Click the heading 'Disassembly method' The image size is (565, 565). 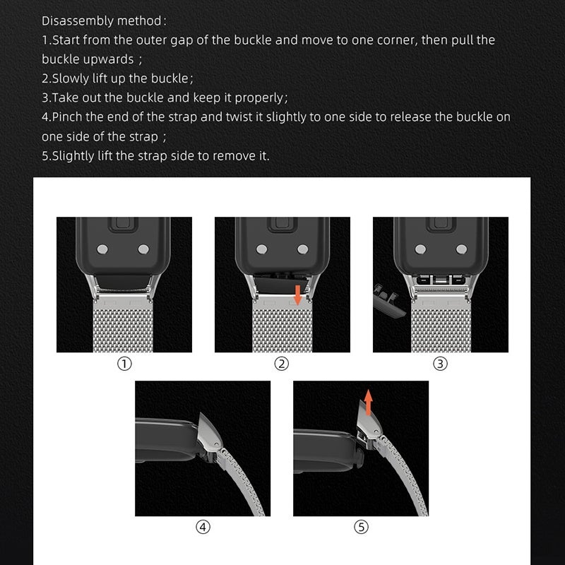tap(105, 21)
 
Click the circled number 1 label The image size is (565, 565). tap(124, 364)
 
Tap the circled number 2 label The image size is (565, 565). tap(282, 364)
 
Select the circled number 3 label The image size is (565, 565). tap(440, 364)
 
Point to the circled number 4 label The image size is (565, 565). tap(203, 527)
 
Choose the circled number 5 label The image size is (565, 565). tap(361, 527)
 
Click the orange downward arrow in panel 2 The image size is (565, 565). tap(298, 294)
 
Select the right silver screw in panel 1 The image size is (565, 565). tap(145, 249)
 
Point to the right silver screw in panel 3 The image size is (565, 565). tap(461, 249)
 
